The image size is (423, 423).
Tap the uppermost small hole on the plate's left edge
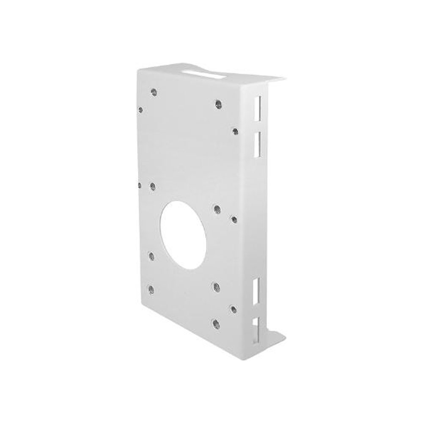140,109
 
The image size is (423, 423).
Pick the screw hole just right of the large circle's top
217,209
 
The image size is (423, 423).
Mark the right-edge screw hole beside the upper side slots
236,131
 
